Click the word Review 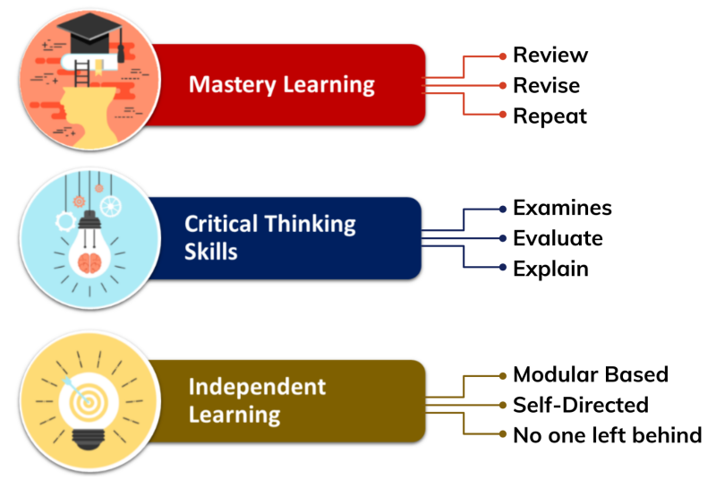pyautogui.click(x=550, y=55)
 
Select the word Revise pyautogui.click(x=546, y=86)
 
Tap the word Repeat pyautogui.click(x=550, y=116)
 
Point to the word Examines pyautogui.click(x=562, y=208)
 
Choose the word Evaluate pyautogui.click(x=558, y=238)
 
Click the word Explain pyautogui.click(x=550, y=269)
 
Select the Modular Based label pyautogui.click(x=591, y=374)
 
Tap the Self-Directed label pyautogui.click(x=580, y=405)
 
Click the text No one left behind pyautogui.click(x=607, y=436)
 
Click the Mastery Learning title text pyautogui.click(x=281, y=85)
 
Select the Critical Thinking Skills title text pyautogui.click(x=269, y=237)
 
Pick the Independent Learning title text pyautogui.click(x=257, y=399)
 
